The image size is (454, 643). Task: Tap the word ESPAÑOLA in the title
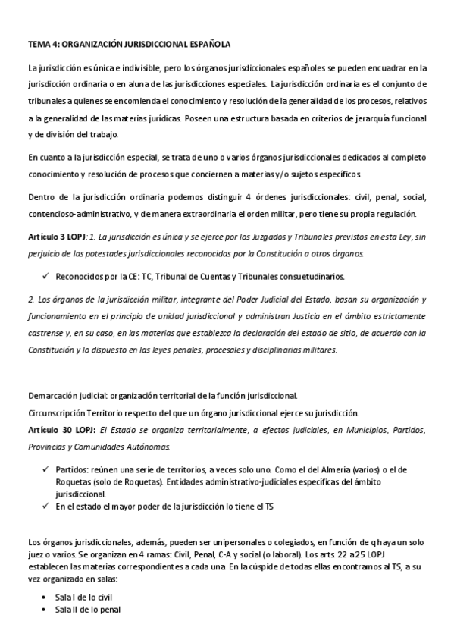tap(208, 45)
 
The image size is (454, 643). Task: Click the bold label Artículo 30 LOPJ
tap(57, 430)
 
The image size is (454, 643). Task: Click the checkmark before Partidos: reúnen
tap(47, 469)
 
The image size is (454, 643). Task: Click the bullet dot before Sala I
tap(48, 596)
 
